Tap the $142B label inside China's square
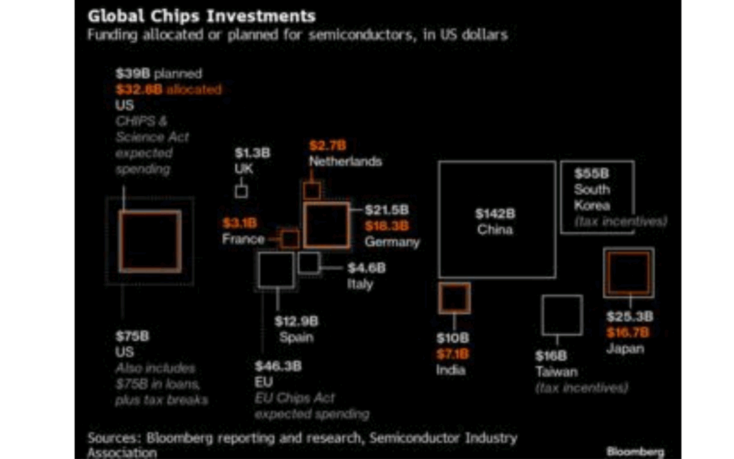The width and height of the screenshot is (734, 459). [494, 214]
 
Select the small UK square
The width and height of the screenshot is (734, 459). [241, 191]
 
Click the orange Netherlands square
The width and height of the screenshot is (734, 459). [312, 191]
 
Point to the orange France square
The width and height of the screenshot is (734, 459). [290, 239]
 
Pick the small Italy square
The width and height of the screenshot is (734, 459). [309, 263]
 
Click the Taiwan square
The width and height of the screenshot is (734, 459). [562, 316]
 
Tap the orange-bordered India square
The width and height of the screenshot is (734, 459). [454, 298]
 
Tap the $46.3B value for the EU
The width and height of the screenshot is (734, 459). [278, 366]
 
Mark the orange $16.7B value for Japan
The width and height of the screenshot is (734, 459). [629, 333]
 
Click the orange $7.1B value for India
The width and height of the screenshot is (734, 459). [452, 354]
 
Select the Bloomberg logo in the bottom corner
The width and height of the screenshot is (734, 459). [635, 451]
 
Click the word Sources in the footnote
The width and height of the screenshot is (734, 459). [114, 438]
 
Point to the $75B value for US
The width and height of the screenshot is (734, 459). [133, 336]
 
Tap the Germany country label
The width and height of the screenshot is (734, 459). [392, 242]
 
